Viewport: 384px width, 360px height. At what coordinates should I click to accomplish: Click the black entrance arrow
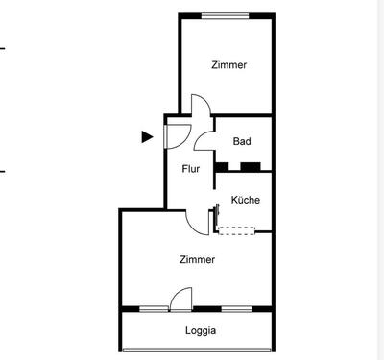click(x=147, y=136)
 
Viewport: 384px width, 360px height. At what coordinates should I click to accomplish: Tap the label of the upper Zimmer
click(x=229, y=65)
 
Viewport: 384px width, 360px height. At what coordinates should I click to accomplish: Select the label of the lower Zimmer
click(x=197, y=259)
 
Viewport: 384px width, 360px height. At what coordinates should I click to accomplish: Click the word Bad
click(x=242, y=142)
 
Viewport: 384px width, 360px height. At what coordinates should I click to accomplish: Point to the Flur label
click(x=192, y=170)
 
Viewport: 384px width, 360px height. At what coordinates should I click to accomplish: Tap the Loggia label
click(x=201, y=331)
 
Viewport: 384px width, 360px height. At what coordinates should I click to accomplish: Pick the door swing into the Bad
click(x=204, y=142)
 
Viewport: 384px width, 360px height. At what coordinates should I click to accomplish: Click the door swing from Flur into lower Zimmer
click(x=199, y=224)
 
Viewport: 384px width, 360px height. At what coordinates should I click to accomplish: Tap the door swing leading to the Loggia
click(x=180, y=300)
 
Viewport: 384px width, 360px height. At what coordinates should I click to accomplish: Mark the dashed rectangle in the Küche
click(x=237, y=229)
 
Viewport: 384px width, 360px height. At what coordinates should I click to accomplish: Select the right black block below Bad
click(x=252, y=167)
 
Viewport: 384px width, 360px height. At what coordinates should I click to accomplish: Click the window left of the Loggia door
click(x=154, y=309)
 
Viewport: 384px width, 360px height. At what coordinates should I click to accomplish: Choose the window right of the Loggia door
click(x=234, y=309)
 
